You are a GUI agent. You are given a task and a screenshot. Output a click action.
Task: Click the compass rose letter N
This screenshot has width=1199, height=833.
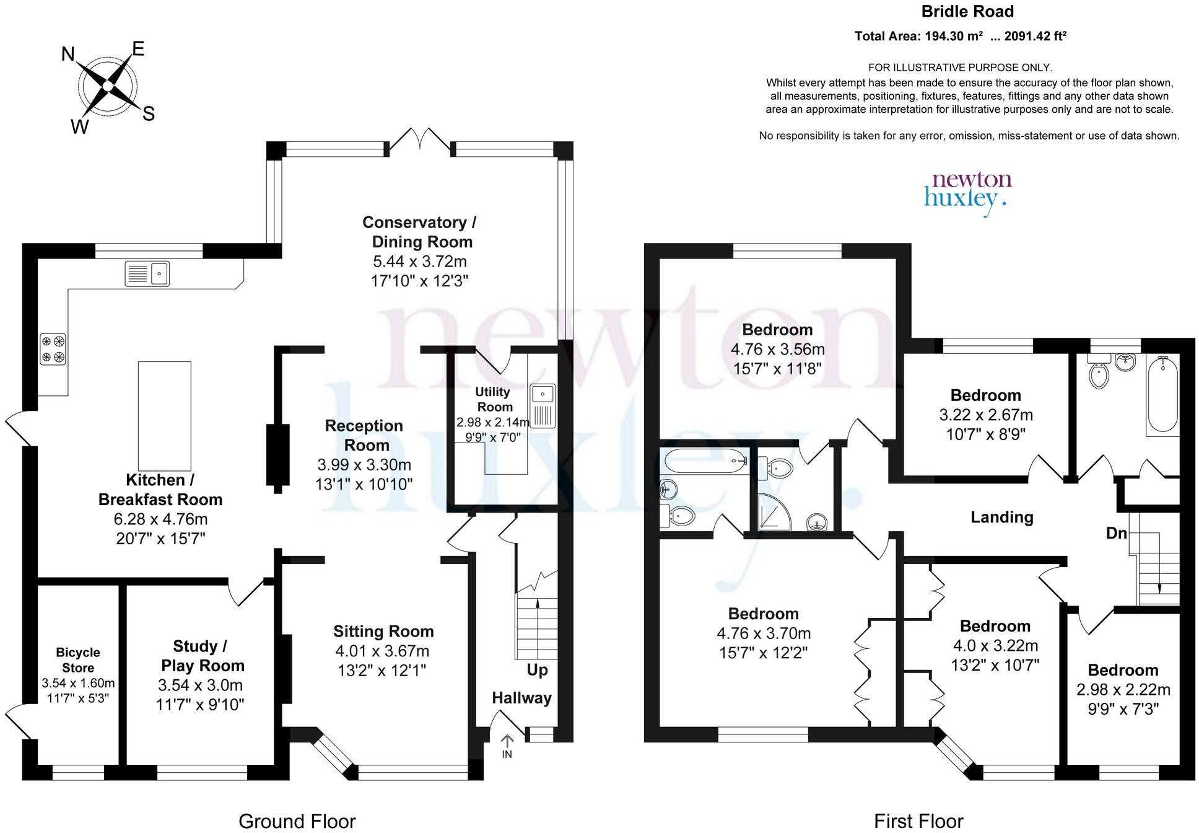point(68,55)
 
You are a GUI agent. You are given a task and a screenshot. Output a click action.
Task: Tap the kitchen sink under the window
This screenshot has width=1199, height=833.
point(147,273)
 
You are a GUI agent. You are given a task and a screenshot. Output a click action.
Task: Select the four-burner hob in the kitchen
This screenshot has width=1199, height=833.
point(53,349)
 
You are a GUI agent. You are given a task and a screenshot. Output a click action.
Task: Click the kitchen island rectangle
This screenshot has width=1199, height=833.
point(164,416)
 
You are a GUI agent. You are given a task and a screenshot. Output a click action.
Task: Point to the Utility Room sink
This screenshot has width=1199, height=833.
point(543,406)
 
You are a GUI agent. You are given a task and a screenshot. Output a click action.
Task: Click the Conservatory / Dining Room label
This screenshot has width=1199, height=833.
point(419,232)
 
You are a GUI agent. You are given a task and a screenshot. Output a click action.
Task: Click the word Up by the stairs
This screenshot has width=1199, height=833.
point(537,670)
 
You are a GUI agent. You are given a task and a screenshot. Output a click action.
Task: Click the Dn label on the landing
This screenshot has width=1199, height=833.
point(1116,533)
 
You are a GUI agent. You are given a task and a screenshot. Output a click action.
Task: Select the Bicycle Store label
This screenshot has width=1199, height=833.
point(78,660)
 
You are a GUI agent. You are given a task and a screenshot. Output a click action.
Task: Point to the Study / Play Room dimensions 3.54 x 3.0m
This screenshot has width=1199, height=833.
point(200,685)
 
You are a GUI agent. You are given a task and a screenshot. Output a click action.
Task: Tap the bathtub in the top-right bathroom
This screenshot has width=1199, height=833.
point(1162,394)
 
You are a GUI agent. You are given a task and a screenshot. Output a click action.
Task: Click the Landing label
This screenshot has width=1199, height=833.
point(1001,517)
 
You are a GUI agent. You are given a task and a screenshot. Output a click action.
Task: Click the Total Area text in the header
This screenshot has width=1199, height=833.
point(960,37)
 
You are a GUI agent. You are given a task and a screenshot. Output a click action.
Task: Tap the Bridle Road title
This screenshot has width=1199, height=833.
point(967,12)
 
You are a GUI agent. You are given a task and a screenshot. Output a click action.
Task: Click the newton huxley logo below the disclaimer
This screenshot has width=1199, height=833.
point(967,190)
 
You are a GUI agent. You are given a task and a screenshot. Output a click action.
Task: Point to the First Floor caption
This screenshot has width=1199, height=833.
point(918,821)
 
